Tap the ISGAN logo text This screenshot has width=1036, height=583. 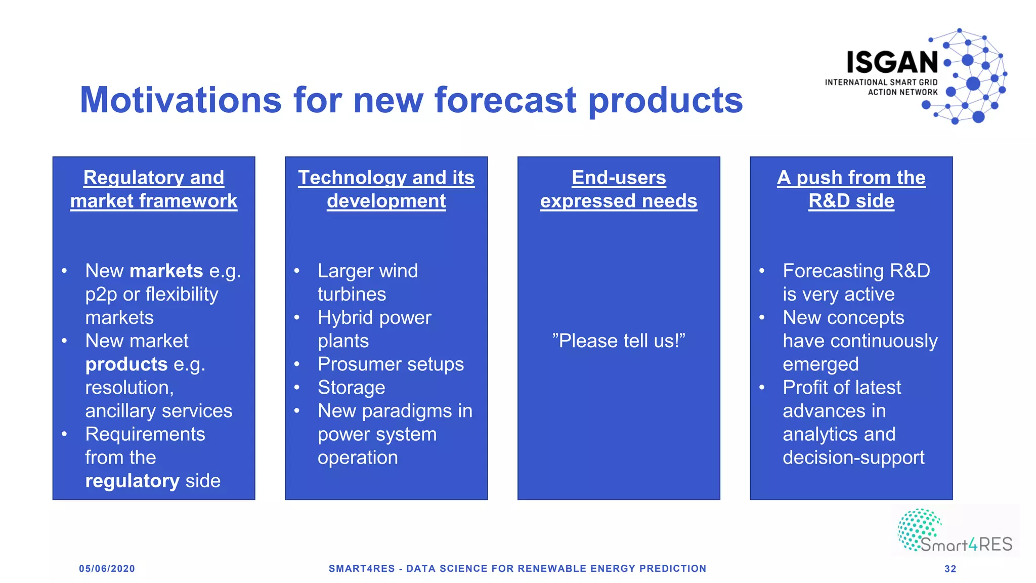click(892, 63)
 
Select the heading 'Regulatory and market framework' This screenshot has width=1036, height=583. click(154, 189)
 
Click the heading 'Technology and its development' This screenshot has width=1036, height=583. click(386, 189)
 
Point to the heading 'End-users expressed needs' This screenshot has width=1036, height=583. click(619, 189)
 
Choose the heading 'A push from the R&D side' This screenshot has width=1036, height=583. click(851, 189)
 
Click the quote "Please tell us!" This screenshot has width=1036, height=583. click(619, 341)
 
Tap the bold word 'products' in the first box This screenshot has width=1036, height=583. click(126, 364)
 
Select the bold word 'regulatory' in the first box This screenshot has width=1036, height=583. click(132, 481)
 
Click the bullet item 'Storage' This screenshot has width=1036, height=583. click(352, 388)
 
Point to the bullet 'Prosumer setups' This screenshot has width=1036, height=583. click(391, 364)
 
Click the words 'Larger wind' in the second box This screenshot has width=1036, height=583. click(368, 271)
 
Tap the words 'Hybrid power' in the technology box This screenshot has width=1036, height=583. click(374, 318)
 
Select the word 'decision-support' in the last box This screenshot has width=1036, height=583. click(853, 457)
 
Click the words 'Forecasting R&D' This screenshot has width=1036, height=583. click(856, 271)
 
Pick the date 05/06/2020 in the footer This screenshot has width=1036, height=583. click(107, 569)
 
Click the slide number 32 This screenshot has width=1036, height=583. click(950, 569)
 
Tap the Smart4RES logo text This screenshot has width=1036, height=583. click(966, 545)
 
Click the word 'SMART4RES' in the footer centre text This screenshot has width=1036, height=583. click(362, 569)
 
